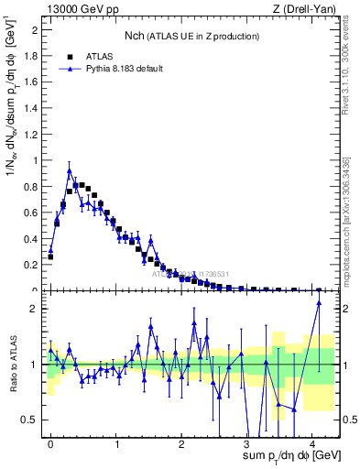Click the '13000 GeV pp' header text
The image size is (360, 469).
(x=80, y=9)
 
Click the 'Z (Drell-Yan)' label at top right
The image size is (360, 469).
(x=306, y=9)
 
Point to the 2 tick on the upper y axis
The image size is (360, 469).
(x=38, y=29)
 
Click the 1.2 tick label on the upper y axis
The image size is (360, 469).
(x=34, y=134)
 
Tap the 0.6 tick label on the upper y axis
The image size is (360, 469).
(x=34, y=213)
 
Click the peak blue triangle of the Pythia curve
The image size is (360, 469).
(x=70, y=170)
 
